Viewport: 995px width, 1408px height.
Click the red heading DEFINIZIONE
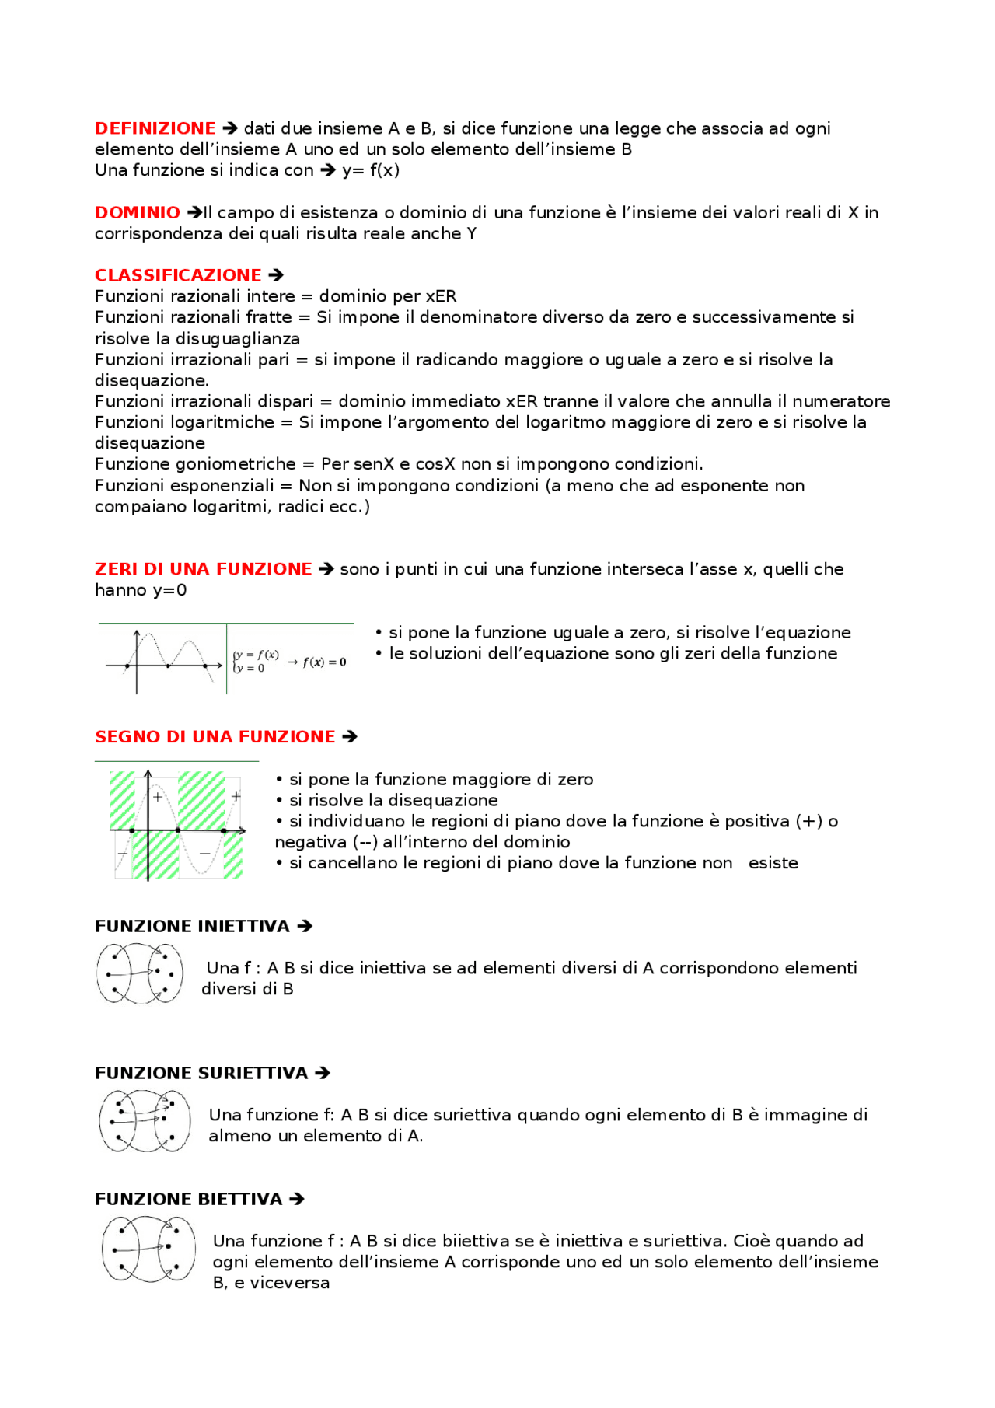pyautogui.click(x=155, y=128)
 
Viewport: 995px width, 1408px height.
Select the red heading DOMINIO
pyautogui.click(x=137, y=212)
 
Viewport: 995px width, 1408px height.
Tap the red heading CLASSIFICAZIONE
pyautogui.click(x=177, y=275)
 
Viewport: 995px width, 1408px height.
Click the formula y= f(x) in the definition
pyautogui.click(x=371, y=170)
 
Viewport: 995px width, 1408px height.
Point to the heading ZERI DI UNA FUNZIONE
pyautogui.click(x=203, y=569)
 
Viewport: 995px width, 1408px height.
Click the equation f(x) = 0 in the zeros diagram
pyautogui.click(x=324, y=662)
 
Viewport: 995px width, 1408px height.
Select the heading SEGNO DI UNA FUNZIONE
pyautogui.click(x=215, y=736)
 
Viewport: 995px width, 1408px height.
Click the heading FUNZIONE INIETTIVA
pyautogui.click(x=192, y=926)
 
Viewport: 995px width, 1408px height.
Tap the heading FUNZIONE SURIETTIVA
pyautogui.click(x=201, y=1073)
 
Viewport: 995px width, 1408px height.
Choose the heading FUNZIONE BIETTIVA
pyautogui.click(x=188, y=1199)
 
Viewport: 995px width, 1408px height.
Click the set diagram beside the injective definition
pyautogui.click(x=140, y=973)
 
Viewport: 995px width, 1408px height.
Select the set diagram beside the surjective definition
pyautogui.click(x=145, y=1120)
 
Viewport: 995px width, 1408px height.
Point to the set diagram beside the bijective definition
pyautogui.click(x=148, y=1249)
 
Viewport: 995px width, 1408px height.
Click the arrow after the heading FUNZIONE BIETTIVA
pyautogui.click(x=296, y=1199)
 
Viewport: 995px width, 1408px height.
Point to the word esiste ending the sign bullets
pyautogui.click(x=773, y=863)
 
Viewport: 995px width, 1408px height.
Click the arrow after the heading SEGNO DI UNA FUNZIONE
pyautogui.click(x=350, y=736)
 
